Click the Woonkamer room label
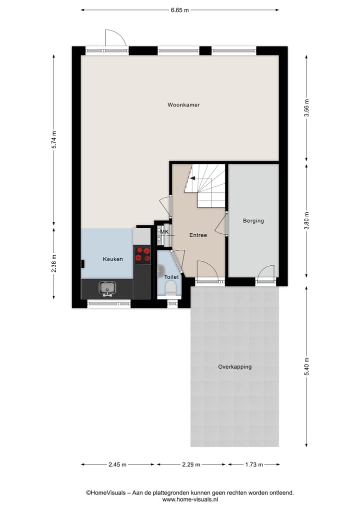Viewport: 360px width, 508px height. (x=183, y=105)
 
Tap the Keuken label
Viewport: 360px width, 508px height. (x=112, y=259)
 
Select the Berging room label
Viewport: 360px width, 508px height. (x=253, y=221)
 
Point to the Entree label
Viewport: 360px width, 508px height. (x=198, y=235)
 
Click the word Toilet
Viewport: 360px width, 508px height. (x=171, y=277)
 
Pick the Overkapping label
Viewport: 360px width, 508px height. (x=234, y=367)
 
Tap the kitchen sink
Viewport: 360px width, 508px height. (x=107, y=287)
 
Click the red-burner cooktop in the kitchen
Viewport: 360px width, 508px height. (x=142, y=255)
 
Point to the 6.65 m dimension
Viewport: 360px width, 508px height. (x=179, y=9)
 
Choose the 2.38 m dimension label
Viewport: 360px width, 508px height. (x=54, y=264)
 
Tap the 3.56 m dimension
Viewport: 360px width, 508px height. (x=306, y=108)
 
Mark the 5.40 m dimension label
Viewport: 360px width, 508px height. (x=306, y=367)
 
